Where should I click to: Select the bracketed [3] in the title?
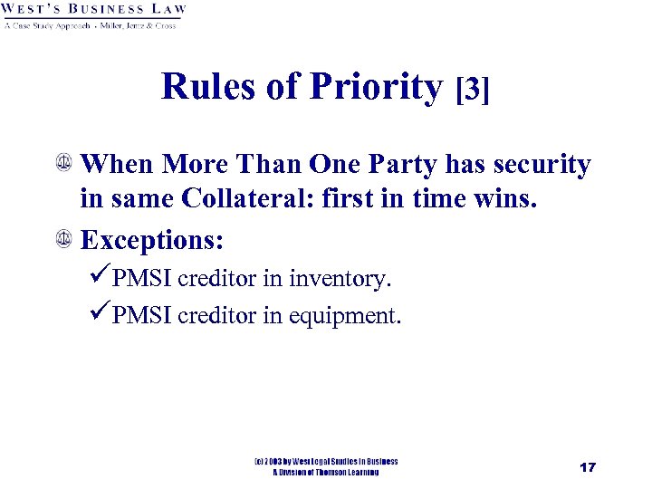(x=474, y=89)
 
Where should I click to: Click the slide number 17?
(x=587, y=467)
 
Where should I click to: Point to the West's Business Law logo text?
(x=94, y=10)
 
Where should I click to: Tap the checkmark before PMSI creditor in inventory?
(x=101, y=278)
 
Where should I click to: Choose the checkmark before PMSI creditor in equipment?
(x=101, y=315)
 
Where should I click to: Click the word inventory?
(x=342, y=279)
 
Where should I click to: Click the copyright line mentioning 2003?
(x=325, y=462)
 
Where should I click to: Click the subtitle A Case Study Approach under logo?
(x=47, y=25)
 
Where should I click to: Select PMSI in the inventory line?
(x=142, y=279)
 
